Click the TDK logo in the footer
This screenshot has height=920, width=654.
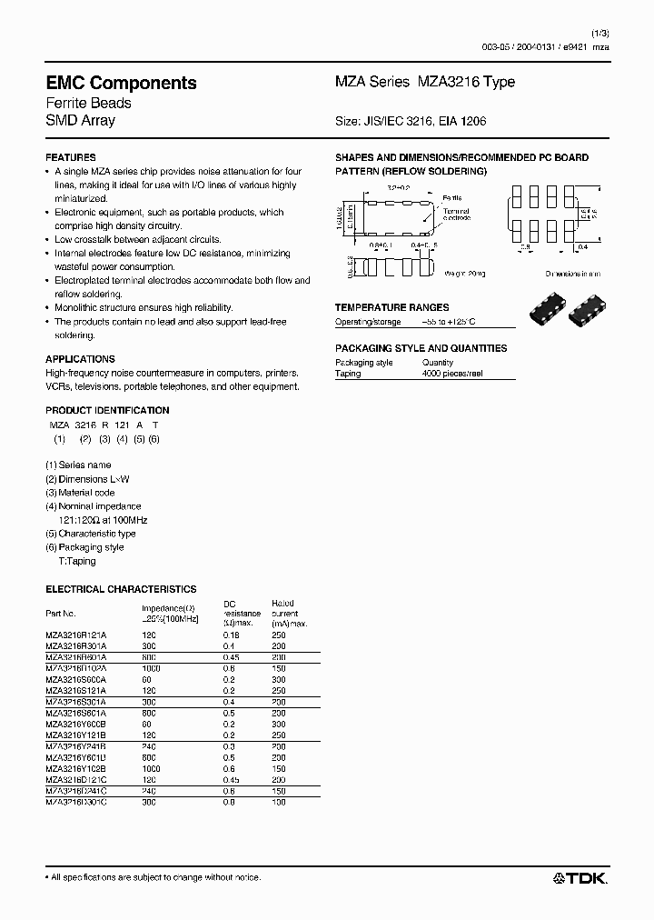pos(581,877)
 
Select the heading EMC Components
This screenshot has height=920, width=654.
pos(121,83)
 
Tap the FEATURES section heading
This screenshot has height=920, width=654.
pos(71,158)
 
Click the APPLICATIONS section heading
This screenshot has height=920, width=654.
pos(80,359)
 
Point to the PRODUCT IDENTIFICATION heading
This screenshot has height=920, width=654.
pos(107,410)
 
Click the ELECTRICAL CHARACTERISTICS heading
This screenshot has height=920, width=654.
pos(121,589)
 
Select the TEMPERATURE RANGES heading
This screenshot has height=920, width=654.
pos(391,307)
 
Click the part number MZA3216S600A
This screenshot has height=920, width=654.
pos(76,678)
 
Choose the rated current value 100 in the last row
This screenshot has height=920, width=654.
pos(278,803)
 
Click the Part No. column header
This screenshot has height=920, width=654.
pos(61,614)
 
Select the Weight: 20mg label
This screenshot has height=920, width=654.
pos(465,272)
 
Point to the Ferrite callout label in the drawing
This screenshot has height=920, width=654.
pos(451,197)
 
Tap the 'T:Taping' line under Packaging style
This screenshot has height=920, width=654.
pos(77,561)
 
